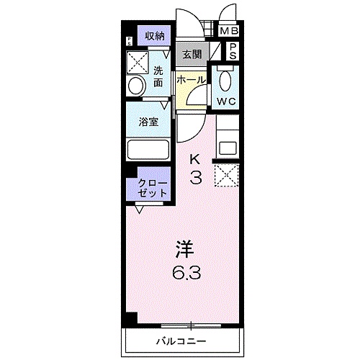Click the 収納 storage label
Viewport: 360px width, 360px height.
154,36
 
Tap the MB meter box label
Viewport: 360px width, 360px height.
229,31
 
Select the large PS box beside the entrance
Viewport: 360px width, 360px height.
233,50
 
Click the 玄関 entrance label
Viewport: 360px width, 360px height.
191,53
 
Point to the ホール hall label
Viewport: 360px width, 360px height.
191,79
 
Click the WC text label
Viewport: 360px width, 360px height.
228,101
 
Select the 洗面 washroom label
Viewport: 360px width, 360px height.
158,77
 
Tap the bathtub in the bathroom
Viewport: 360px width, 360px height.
148,149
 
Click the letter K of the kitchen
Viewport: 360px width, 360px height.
194,159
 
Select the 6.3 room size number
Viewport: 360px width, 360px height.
185,274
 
